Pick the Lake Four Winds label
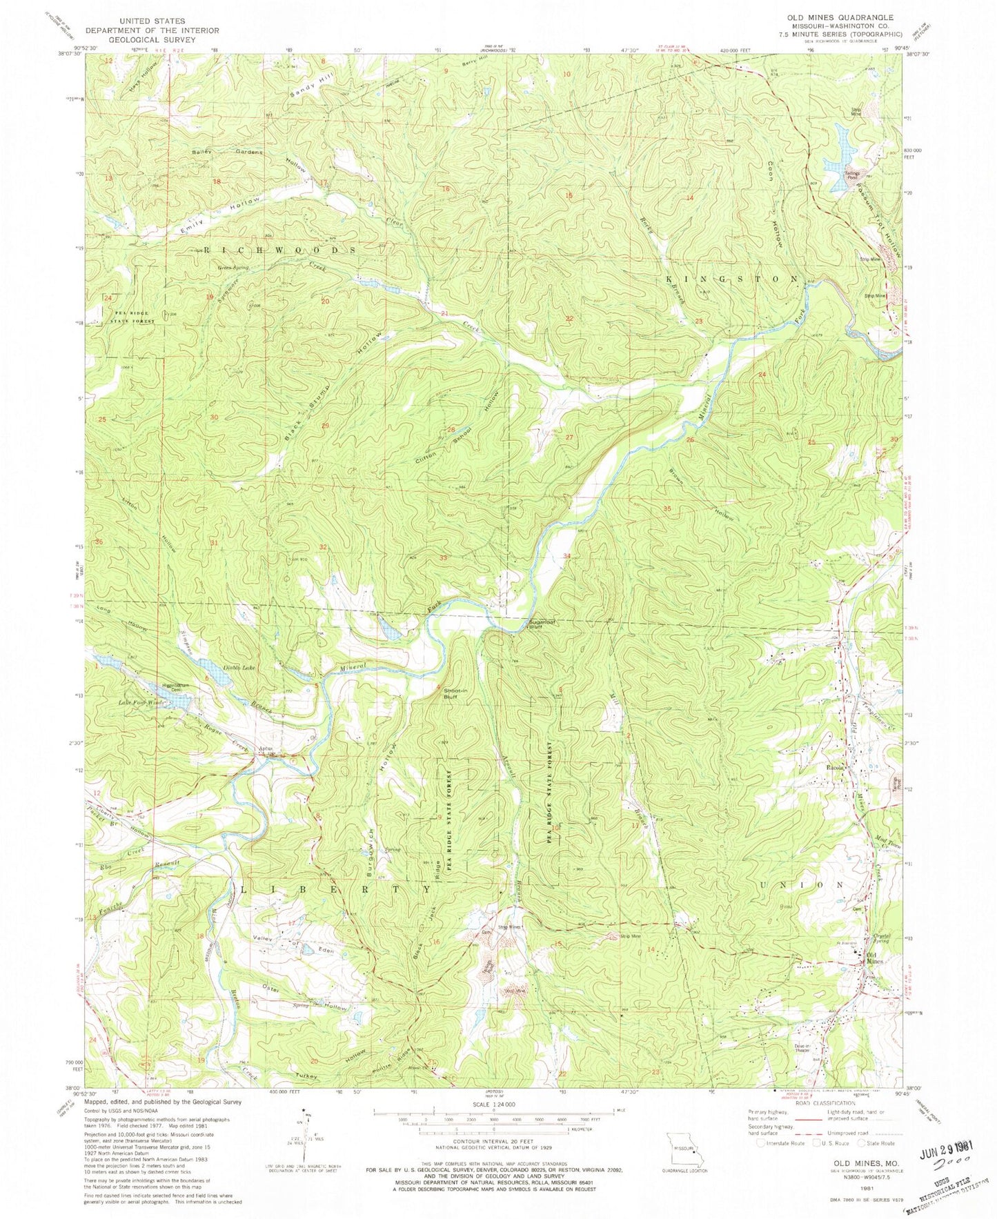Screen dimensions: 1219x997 coord(143,702)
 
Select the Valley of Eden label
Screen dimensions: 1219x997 coord(296,944)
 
